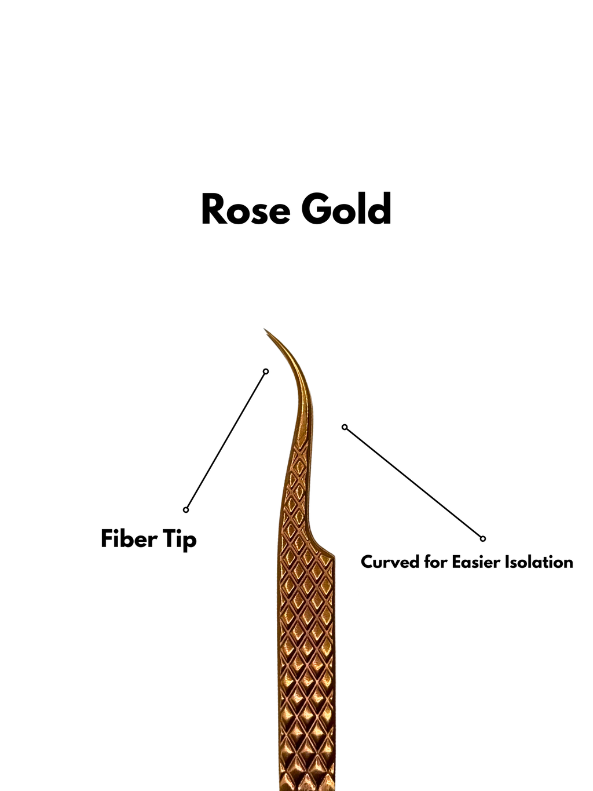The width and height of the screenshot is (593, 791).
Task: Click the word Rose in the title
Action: click(246, 209)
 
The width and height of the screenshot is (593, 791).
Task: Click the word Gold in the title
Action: click(346, 209)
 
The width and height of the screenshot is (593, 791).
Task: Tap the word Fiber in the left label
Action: click(129, 539)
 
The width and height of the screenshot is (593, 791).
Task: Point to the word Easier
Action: click(475, 562)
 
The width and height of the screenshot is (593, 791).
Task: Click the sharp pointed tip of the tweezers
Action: click(265, 329)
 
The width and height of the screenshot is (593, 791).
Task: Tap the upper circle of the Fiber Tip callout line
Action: click(266, 371)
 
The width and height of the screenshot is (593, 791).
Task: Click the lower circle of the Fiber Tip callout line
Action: click(186, 509)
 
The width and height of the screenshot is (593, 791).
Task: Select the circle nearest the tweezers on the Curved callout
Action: click(345, 427)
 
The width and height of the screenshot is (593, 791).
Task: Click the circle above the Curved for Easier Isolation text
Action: click(483, 539)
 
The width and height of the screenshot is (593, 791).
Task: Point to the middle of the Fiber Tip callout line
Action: click(226, 440)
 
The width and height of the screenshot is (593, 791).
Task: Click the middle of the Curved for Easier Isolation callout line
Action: click(413, 483)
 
